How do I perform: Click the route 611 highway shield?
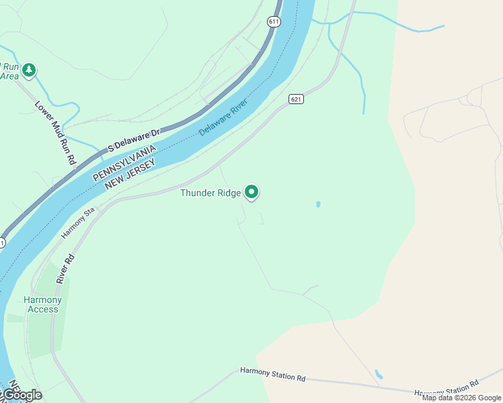coord(273,21)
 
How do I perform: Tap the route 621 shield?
coord(297,99)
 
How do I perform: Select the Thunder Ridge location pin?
coord(251,192)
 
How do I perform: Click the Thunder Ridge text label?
coord(210,193)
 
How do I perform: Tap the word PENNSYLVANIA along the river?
coord(124,162)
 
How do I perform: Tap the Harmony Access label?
coord(42,304)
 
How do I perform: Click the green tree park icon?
coord(28,69)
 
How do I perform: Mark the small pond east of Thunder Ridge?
coord(318,204)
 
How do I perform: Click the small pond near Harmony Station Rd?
coord(379,373)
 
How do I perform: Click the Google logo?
coord(22,395)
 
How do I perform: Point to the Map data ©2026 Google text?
coord(461,398)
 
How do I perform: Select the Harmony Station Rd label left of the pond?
coord(273,374)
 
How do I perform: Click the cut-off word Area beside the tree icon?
coord(9,76)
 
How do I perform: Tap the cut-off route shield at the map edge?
coord(2,242)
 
